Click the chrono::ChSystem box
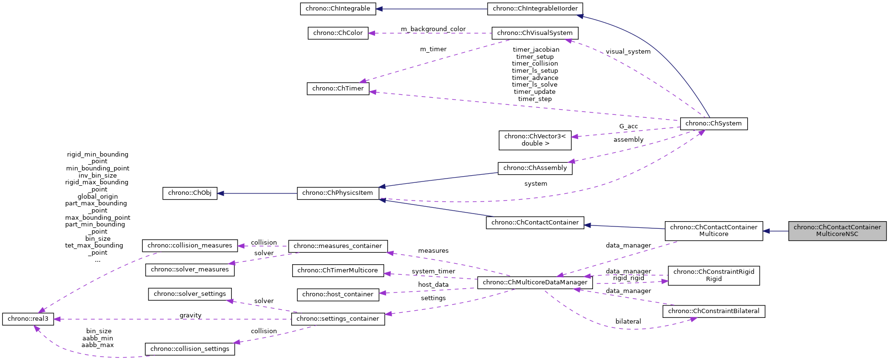point(713,124)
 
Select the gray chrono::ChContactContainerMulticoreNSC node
point(837,231)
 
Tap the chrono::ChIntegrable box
point(338,9)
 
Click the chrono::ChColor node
point(338,33)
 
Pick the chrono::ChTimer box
point(338,89)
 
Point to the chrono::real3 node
point(28,319)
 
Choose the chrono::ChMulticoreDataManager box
point(535,282)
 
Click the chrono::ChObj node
point(190,193)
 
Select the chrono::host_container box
point(338,294)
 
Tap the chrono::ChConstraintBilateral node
point(713,311)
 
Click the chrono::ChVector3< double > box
point(535,140)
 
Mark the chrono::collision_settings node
point(190,349)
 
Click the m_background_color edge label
point(433,29)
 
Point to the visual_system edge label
point(628,52)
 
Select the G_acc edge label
point(628,126)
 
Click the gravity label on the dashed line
point(190,315)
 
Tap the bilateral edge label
point(628,322)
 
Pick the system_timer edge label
point(433,271)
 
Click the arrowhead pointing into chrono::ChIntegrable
point(379,9)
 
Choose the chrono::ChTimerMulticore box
point(338,270)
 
